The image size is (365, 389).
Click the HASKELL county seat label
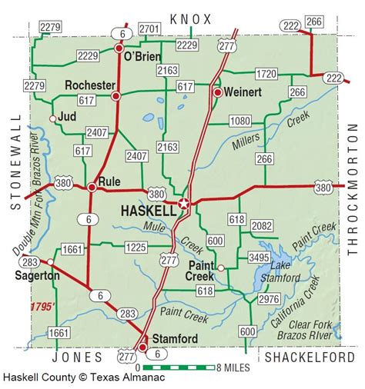coord(148,209)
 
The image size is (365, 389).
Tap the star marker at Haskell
coord(183,204)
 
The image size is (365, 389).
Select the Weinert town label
coord(244,91)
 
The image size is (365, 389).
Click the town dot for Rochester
coord(116,96)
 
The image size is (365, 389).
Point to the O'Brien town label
coord(146,55)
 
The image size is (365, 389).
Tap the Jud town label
coord(69,118)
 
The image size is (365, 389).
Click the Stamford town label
coord(174,338)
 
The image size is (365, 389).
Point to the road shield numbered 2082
coord(262,225)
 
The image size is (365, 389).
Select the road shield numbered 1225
coord(136,247)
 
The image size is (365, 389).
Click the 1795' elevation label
coord(43,307)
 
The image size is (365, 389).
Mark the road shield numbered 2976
coord(269,298)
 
